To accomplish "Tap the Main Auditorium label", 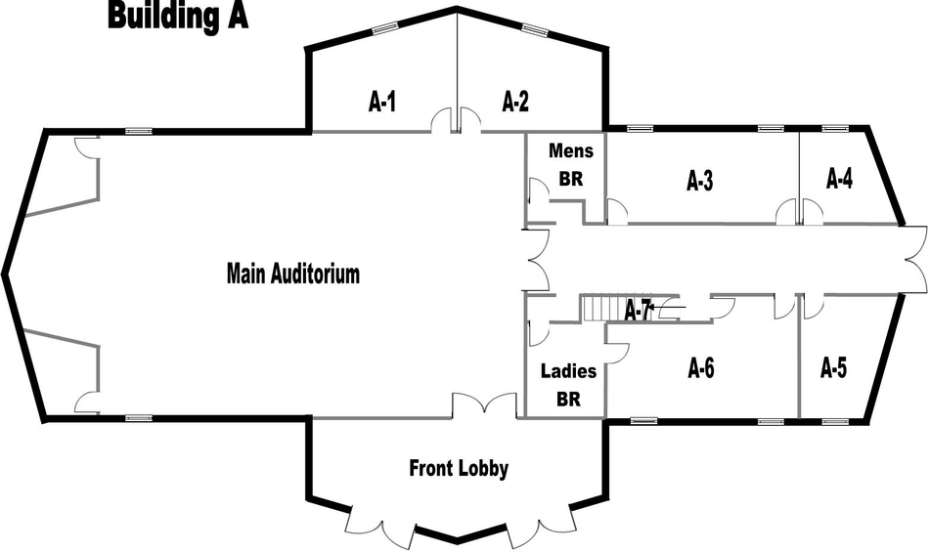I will pos(293,274).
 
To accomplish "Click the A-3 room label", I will pos(700,181).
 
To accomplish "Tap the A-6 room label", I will pos(702,368).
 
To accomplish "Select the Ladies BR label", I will pos(568,385).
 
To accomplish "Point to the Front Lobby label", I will pos(459,469).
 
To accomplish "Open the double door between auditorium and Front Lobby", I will pos(483,405).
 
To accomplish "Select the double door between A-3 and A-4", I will pos(799,212).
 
